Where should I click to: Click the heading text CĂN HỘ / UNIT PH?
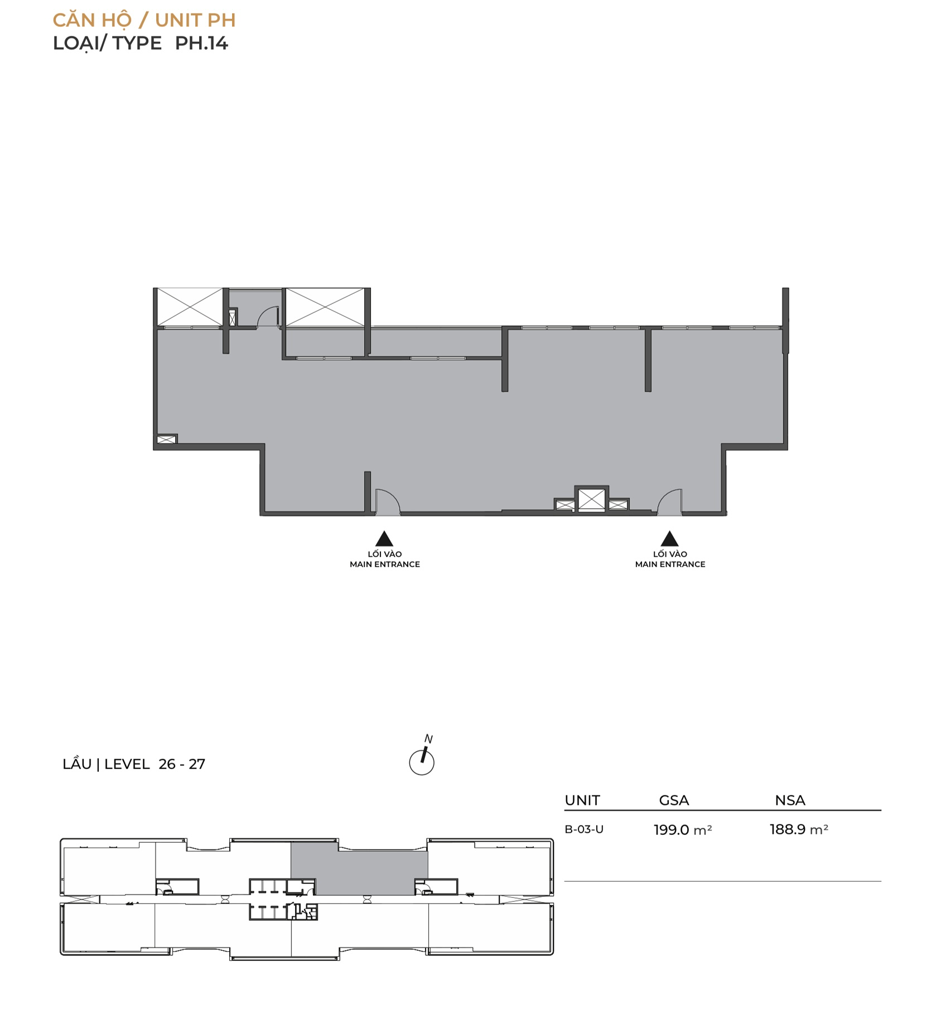[x=144, y=20]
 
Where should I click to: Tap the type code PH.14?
[x=201, y=43]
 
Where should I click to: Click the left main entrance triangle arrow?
[x=384, y=539]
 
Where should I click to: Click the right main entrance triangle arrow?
[x=669, y=539]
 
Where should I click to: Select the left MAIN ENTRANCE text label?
[x=385, y=564]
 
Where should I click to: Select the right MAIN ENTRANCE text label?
[x=670, y=564]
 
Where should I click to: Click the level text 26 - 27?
[x=182, y=764]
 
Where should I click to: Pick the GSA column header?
[x=674, y=800]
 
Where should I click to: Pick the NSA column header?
[x=790, y=800]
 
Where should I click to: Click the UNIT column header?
[x=582, y=800]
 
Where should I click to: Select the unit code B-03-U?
[x=584, y=829]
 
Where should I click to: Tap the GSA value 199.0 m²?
[x=683, y=830]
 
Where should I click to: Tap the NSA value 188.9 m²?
[x=799, y=829]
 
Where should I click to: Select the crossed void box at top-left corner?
[x=190, y=307]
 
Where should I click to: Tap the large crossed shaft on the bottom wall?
[x=591, y=499]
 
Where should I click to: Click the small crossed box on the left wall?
[x=166, y=439]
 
